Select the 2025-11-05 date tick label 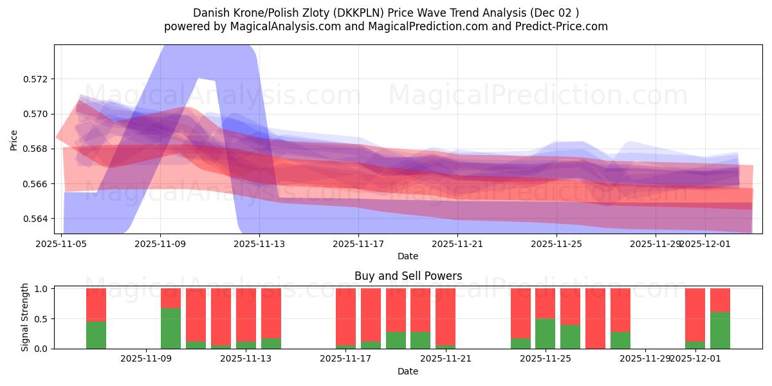click(x=61, y=244)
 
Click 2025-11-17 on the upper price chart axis click(x=358, y=244)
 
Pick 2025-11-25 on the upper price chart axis click(x=556, y=244)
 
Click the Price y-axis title click(x=14, y=139)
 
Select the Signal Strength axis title click(x=24, y=317)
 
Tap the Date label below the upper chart click(x=407, y=256)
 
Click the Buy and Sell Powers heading click(x=408, y=276)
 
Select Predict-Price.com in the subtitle click(x=564, y=26)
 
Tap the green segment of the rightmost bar click(x=720, y=330)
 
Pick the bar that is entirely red click(x=595, y=318)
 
